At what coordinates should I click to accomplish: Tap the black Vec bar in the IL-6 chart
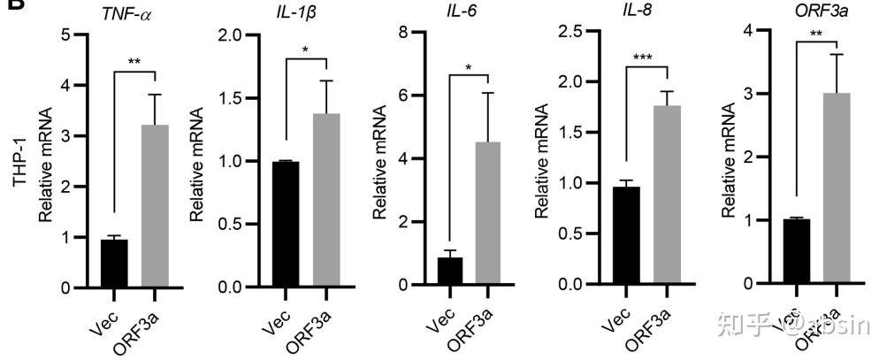(449, 271)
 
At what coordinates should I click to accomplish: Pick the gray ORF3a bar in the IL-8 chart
(655, 195)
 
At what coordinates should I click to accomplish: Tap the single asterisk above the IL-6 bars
(469, 68)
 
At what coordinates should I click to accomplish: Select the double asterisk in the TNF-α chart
(134, 62)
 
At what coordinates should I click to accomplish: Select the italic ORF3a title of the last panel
(809, 11)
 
